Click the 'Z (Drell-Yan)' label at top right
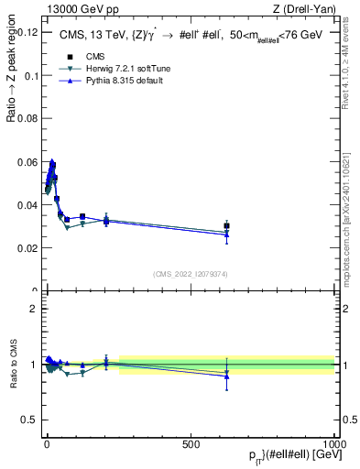305,10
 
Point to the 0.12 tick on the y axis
27,32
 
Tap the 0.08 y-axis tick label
27,118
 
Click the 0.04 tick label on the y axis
27,205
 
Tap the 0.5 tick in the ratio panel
30,420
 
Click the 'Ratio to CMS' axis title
14,364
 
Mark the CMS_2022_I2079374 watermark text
191,273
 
